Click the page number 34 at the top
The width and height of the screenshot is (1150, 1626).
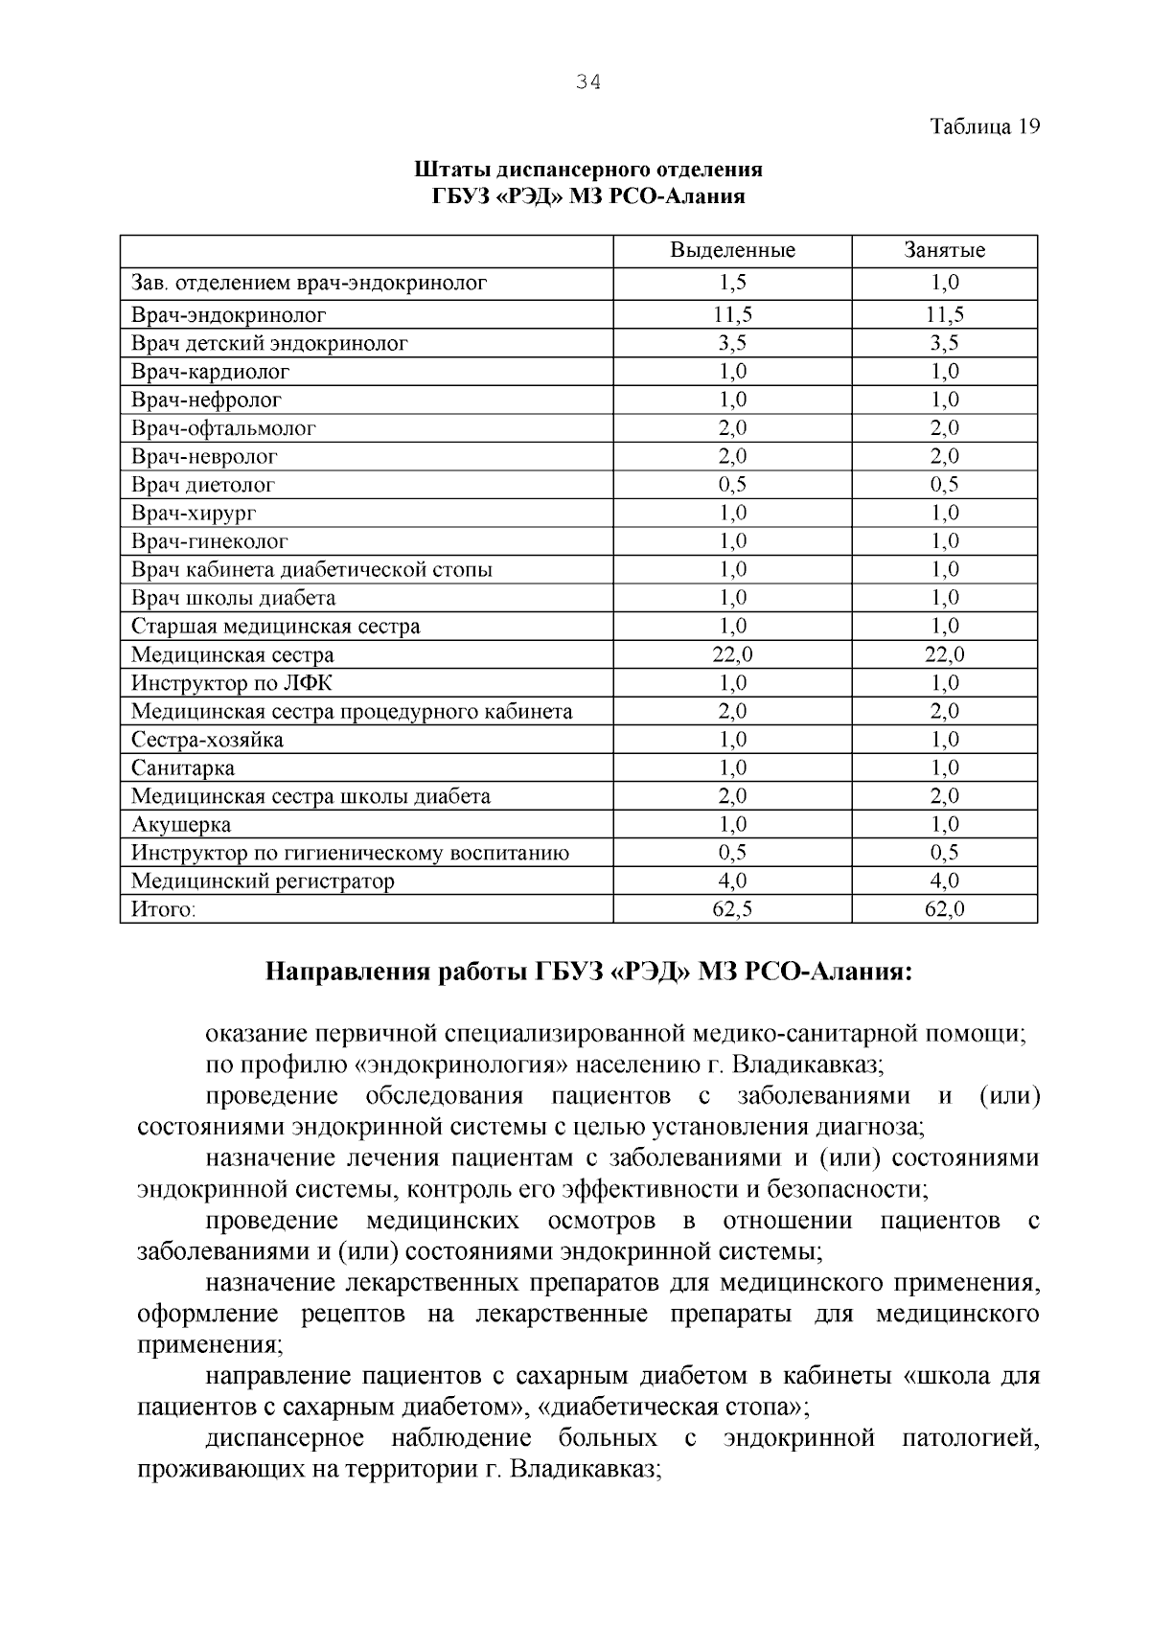point(588,82)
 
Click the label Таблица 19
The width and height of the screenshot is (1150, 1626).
point(984,126)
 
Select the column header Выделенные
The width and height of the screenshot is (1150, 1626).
point(732,251)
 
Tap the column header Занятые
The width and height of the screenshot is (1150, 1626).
point(944,251)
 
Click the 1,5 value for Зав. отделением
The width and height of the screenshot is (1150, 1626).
point(732,283)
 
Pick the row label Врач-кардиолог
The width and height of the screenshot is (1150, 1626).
point(210,372)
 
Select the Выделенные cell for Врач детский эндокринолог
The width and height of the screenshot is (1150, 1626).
point(732,343)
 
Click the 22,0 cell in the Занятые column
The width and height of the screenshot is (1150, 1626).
point(944,655)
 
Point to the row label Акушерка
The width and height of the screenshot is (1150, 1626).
point(180,825)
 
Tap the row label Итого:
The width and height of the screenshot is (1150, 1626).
point(163,909)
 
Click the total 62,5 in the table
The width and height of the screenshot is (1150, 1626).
point(732,909)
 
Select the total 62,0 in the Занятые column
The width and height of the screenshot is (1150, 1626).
point(944,909)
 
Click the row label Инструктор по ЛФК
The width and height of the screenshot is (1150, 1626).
point(232,683)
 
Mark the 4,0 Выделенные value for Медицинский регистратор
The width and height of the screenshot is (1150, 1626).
point(732,881)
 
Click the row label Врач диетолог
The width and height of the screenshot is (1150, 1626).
point(202,485)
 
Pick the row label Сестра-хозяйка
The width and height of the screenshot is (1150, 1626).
point(207,740)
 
